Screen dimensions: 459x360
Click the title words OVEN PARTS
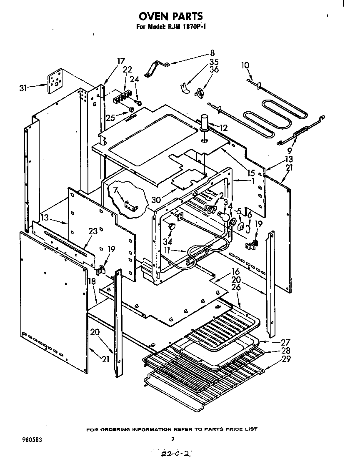[x=170, y=16]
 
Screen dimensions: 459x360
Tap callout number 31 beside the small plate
[x=24, y=88]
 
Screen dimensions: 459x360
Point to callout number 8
[x=212, y=53]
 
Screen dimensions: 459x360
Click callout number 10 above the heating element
[x=245, y=65]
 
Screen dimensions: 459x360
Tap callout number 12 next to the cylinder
[x=224, y=128]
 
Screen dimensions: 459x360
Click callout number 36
[x=214, y=70]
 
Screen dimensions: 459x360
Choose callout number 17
[x=121, y=61]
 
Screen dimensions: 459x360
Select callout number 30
[x=156, y=199]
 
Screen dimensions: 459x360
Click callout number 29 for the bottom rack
[x=285, y=359]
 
